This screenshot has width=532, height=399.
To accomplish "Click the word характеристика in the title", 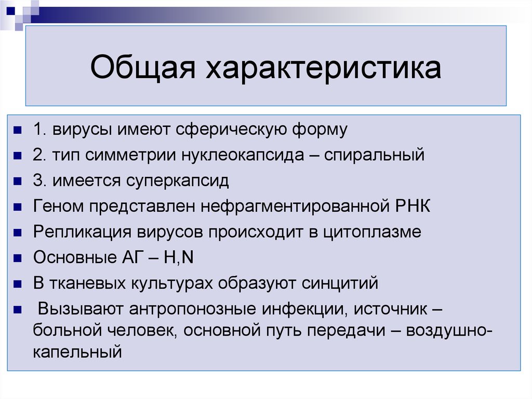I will [325, 69].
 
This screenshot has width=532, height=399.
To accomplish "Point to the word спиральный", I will [374, 155].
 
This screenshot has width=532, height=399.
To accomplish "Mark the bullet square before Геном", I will [18, 207].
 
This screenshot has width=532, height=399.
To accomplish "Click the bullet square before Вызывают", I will [18, 310].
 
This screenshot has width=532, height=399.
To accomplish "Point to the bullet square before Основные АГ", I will [18, 259].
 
